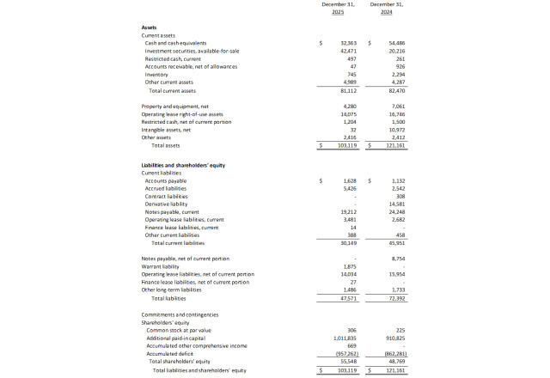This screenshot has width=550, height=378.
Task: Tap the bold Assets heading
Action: pos(149,27)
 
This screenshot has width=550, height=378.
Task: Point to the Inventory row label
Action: pos(157,75)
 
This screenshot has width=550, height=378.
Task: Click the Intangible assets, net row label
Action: pos(165,130)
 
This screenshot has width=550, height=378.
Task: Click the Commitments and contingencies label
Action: pos(180,314)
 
